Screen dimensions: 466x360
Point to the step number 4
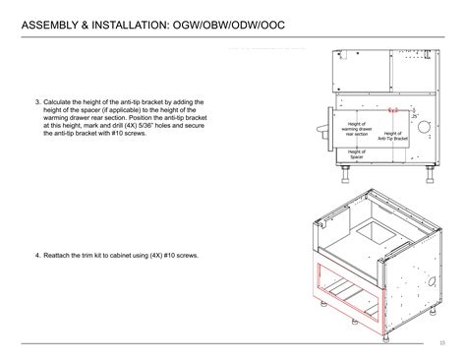[36, 255]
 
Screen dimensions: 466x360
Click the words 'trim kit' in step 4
[103, 255]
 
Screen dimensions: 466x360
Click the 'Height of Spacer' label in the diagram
[356, 153]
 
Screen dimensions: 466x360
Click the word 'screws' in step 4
[186, 255]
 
